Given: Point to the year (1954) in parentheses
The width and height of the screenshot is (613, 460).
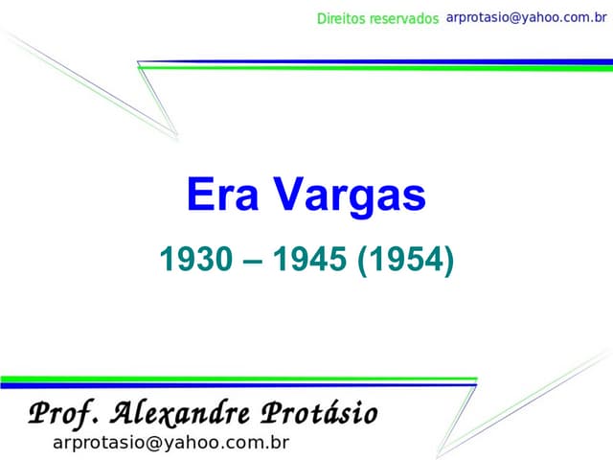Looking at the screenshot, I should pos(405,259).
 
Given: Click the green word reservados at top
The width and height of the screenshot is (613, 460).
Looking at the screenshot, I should pos(403,19).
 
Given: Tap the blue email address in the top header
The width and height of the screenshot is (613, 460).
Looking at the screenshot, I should pos(527,18).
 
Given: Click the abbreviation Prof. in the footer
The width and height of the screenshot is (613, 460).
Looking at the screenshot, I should pos(64,414).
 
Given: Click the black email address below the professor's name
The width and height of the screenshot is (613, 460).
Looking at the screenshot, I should pos(170,442).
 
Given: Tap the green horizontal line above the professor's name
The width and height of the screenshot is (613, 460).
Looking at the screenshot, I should pos(239,379).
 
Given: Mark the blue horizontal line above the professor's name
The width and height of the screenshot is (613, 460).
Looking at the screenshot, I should pos(239,384).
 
